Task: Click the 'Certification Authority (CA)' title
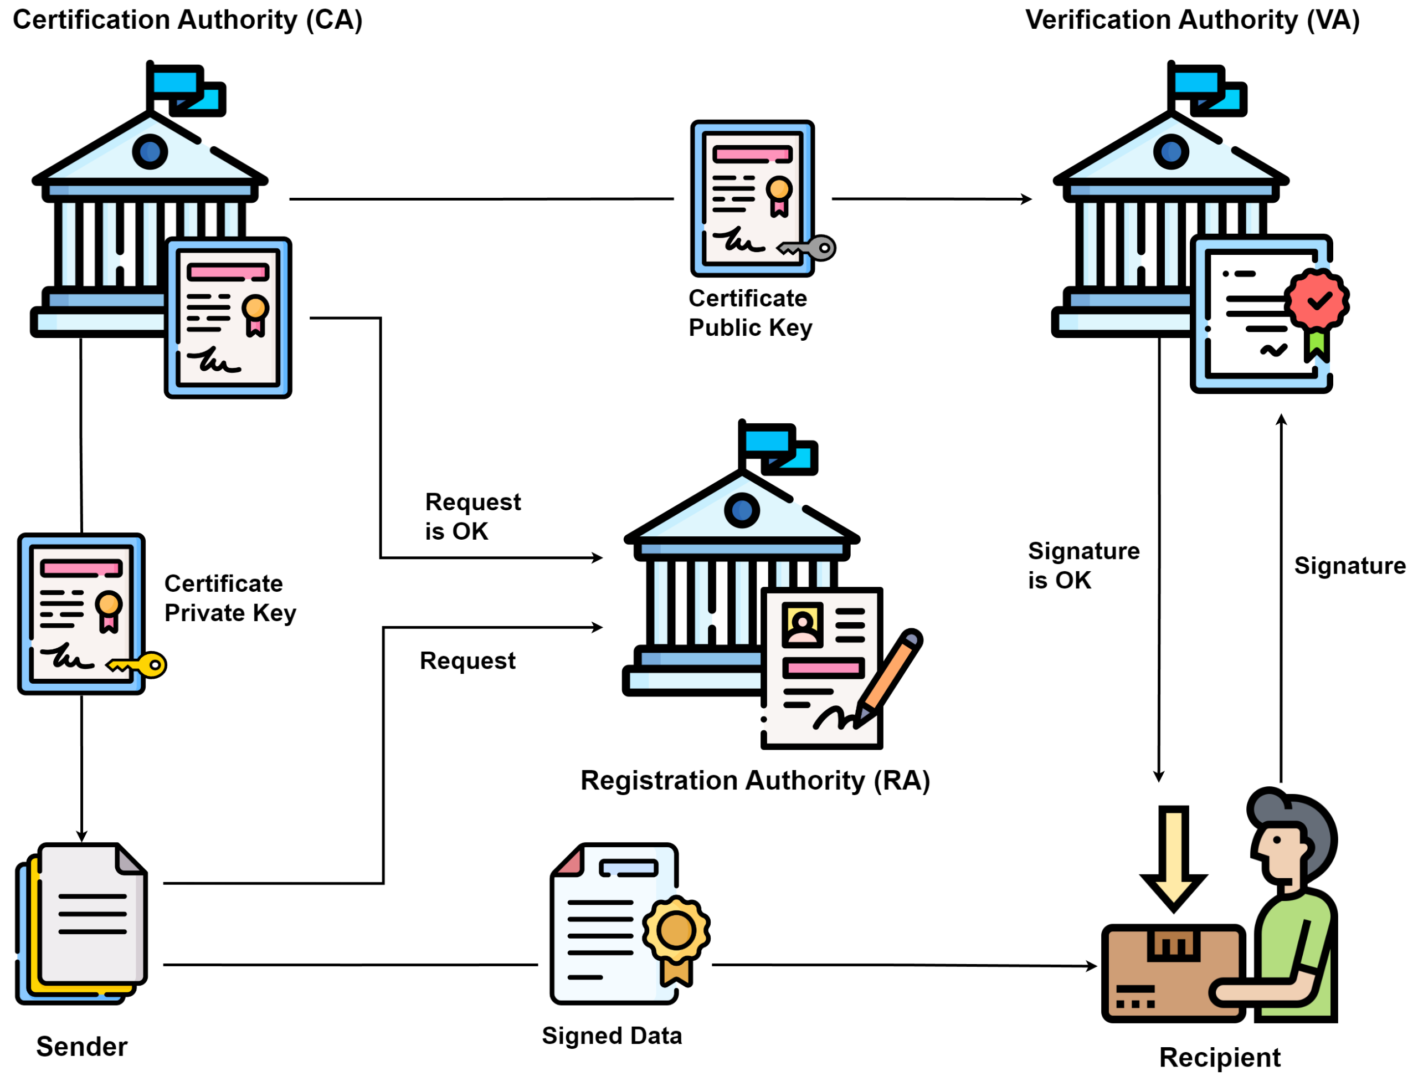[x=187, y=20]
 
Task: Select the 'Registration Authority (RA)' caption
[x=754, y=780]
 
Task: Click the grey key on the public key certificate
[x=809, y=248]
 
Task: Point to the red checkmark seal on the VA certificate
[x=1316, y=299]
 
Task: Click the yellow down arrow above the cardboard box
[x=1173, y=856]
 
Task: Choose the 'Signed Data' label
[x=612, y=1036]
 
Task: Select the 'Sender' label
[x=81, y=1047]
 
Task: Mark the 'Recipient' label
[x=1219, y=1057]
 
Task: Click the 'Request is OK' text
[x=472, y=516]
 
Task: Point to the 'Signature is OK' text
[x=1083, y=565]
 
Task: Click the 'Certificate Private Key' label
[x=229, y=598]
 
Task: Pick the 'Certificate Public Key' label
[x=750, y=313]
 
